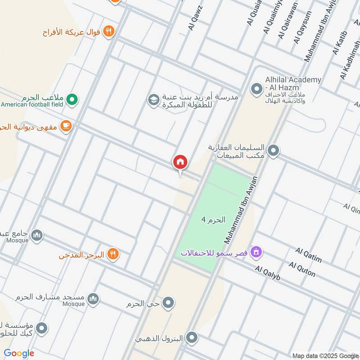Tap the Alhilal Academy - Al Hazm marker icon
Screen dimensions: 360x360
coord(256,89)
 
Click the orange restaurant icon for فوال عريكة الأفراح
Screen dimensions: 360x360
coord(109,31)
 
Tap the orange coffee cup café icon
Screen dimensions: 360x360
coord(66,127)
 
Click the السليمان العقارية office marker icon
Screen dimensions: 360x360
coord(273,151)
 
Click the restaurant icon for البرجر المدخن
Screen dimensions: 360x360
coord(113,255)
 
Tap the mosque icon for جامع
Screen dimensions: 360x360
coord(37,234)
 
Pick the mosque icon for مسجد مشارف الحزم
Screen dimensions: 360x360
coord(93,299)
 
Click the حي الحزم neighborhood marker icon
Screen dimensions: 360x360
coord(168,303)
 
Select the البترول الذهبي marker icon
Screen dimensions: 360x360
coord(192,338)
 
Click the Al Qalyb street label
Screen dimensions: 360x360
coord(267,273)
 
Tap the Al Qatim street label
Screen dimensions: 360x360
coord(309,255)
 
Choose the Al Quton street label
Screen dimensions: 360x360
coord(302,269)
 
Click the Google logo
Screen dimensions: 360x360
coord(19,353)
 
